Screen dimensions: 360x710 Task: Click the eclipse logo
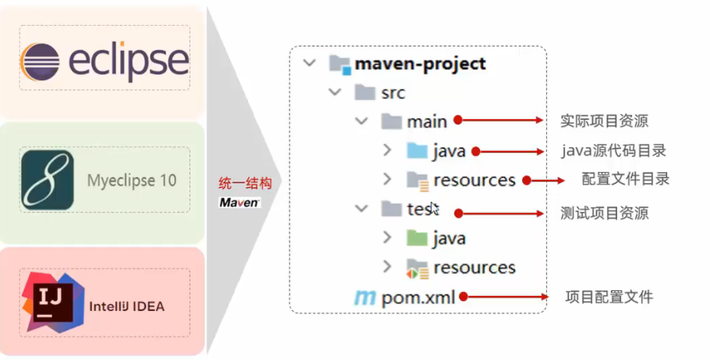coord(106,61)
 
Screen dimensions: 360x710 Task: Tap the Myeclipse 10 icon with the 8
coord(47,179)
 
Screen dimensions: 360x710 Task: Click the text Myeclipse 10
coord(132,180)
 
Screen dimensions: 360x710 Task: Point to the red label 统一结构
coord(241,182)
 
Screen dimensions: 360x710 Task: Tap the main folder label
coord(426,121)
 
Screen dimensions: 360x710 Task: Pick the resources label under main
coord(474,180)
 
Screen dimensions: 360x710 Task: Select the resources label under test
coord(474,267)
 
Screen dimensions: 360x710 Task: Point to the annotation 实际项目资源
coord(604,121)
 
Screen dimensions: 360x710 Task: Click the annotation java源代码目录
coord(614,150)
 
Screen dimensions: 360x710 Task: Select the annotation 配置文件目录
coord(626,179)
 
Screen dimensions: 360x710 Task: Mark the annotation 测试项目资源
coord(604,213)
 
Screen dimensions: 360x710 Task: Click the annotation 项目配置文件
coord(609,297)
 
